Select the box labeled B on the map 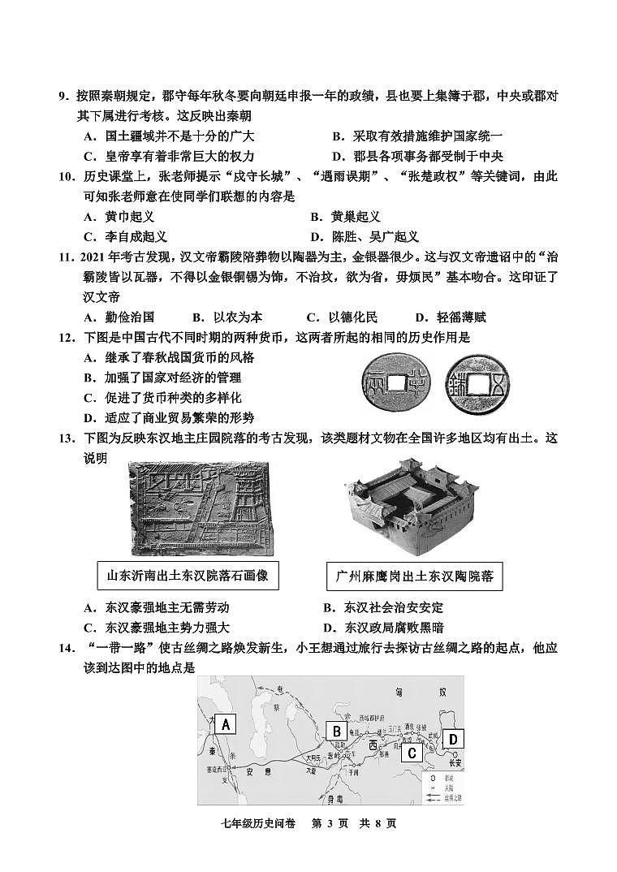pyautogui.click(x=336, y=731)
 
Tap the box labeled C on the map pyautogui.click(x=412, y=753)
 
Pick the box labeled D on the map pyautogui.click(x=454, y=738)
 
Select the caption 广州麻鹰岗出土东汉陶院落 pyautogui.click(x=414, y=577)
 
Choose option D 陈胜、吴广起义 pyautogui.click(x=365, y=236)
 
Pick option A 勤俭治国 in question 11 pyautogui.click(x=119, y=317)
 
